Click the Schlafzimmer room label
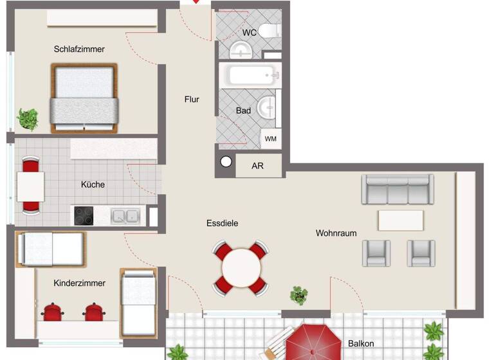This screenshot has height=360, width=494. point(79,49)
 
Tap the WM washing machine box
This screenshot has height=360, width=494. point(270,139)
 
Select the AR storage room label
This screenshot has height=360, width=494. point(257,166)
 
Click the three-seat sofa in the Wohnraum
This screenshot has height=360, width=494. point(397,190)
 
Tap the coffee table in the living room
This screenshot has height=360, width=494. point(401,220)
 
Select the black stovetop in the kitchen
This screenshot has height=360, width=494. point(83,215)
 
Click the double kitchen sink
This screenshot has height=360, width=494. point(125,216)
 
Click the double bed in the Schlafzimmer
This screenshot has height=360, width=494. point(84,98)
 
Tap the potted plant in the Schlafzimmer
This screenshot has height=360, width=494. point(28,119)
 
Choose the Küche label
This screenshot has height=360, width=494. point(93,184)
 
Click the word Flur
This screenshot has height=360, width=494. point(192,100)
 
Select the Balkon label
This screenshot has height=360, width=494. point(360,343)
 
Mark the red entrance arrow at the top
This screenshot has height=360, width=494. point(196,3)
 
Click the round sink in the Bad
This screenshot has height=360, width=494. point(267,108)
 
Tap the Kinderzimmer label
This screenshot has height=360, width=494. point(79,283)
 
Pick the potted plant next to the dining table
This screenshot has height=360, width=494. point(298,295)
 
